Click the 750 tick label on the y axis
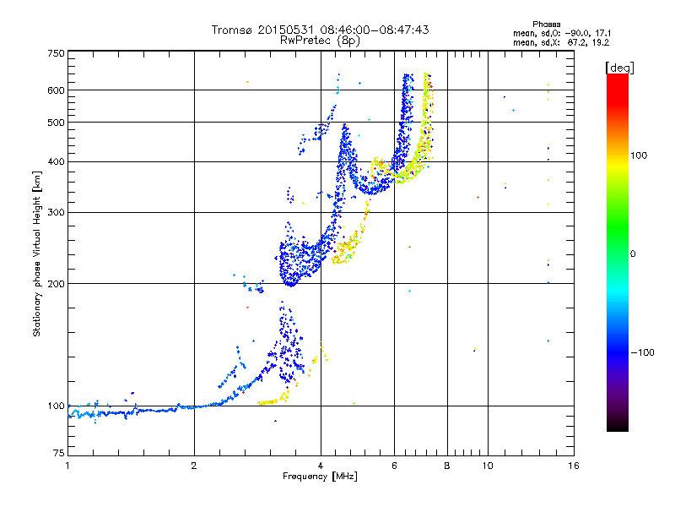click(x=56, y=53)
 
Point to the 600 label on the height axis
click(x=56, y=90)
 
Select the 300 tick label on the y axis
click(x=56, y=211)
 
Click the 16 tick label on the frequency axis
click(x=573, y=466)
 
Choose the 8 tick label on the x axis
click(x=447, y=466)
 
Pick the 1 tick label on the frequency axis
click(x=67, y=466)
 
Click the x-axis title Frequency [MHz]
click(x=320, y=477)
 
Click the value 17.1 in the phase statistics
click(x=597, y=32)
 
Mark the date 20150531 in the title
click(x=284, y=30)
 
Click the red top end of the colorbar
click(x=617, y=78)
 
